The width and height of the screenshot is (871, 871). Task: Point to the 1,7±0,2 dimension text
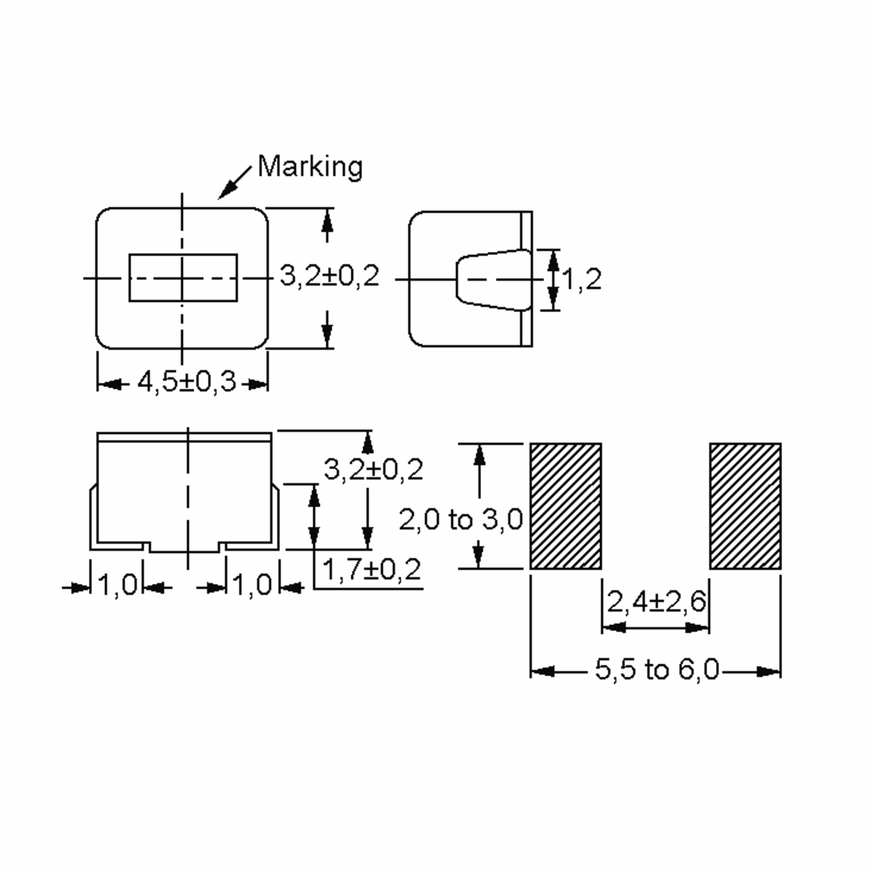point(372,569)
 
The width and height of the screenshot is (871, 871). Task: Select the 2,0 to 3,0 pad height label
point(460,519)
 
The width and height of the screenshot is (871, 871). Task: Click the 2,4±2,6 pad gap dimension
point(656,601)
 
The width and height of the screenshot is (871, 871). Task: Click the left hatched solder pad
point(565,506)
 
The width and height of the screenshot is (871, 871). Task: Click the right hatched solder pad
point(745,506)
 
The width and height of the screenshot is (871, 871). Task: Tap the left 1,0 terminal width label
point(117,585)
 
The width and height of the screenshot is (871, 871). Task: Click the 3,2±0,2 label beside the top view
point(330,276)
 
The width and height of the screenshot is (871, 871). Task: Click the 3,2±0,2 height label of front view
point(373,470)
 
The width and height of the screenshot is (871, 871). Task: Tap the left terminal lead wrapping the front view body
point(93,519)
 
